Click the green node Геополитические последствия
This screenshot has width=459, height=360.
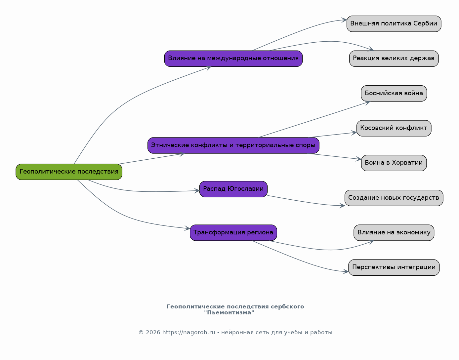(69, 172)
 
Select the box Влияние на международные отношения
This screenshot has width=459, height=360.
(233, 59)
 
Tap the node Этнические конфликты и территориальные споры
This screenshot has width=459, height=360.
(233, 145)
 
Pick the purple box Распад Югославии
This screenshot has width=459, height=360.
(233, 189)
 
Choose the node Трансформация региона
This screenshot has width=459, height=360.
(233, 233)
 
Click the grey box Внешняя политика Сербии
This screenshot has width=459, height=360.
(394, 24)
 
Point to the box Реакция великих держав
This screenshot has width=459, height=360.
(394, 59)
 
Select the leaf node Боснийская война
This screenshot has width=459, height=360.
(394, 93)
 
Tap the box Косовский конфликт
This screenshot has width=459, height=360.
(394, 128)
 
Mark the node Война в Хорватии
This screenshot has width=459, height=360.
(394, 163)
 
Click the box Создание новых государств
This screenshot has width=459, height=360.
(394, 198)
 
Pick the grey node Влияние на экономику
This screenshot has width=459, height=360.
(394, 233)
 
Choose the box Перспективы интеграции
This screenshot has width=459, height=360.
(394, 267)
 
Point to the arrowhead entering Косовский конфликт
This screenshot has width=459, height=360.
(354, 133)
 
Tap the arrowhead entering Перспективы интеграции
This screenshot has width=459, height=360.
(346, 271)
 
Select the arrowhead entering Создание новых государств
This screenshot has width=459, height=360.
(342, 205)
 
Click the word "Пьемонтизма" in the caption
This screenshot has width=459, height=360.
(229, 313)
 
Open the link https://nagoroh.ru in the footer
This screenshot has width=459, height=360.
(188, 332)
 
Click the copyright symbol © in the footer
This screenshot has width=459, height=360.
(141, 333)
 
